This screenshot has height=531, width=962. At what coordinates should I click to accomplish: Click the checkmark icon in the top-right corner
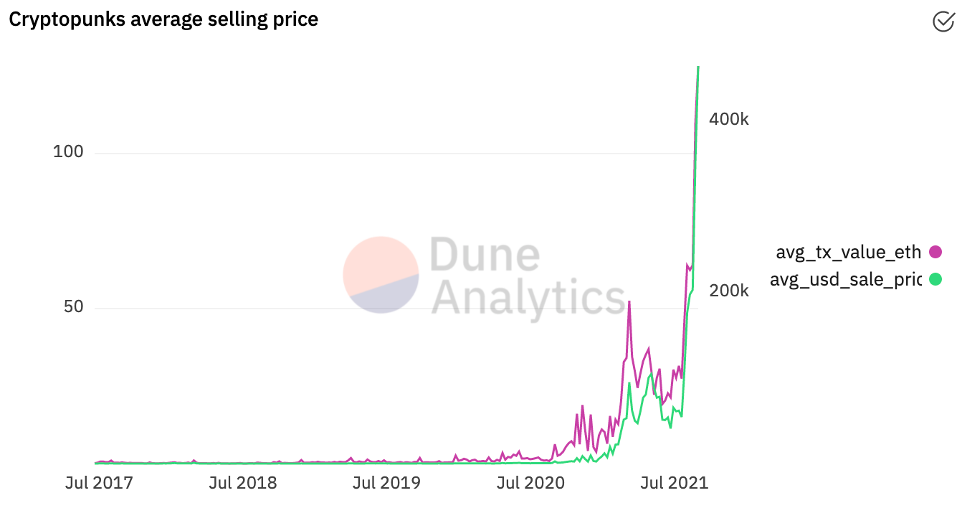coord(943,22)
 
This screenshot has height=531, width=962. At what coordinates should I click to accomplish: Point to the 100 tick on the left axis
coord(68,152)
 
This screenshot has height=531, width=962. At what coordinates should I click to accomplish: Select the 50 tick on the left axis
coord(72,307)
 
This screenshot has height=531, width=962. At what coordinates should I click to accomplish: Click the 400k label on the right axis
coord(728,119)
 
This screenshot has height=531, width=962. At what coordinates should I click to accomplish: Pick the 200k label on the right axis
coord(728,291)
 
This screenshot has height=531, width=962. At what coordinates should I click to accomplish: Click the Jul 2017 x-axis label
coord(99,482)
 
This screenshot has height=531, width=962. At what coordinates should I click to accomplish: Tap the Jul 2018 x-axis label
coord(242,482)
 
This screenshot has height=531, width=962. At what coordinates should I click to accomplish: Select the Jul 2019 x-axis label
coord(386,482)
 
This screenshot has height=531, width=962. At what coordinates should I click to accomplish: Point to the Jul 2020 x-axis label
coord(530,482)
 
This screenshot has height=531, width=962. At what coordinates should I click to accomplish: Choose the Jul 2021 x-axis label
coord(674,482)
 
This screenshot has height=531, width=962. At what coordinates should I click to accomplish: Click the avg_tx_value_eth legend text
coord(848,252)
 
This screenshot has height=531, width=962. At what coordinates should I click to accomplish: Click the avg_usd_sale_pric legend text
coord(845,280)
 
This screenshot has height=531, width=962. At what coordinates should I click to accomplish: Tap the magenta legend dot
coord(935,252)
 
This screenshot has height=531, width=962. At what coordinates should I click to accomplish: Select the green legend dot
coord(935,279)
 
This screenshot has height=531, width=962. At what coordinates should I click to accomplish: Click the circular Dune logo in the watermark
coord(381,275)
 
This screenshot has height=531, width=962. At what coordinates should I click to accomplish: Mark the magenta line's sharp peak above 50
coord(629,302)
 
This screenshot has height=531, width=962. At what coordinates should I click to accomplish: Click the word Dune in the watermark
coord(485,256)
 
